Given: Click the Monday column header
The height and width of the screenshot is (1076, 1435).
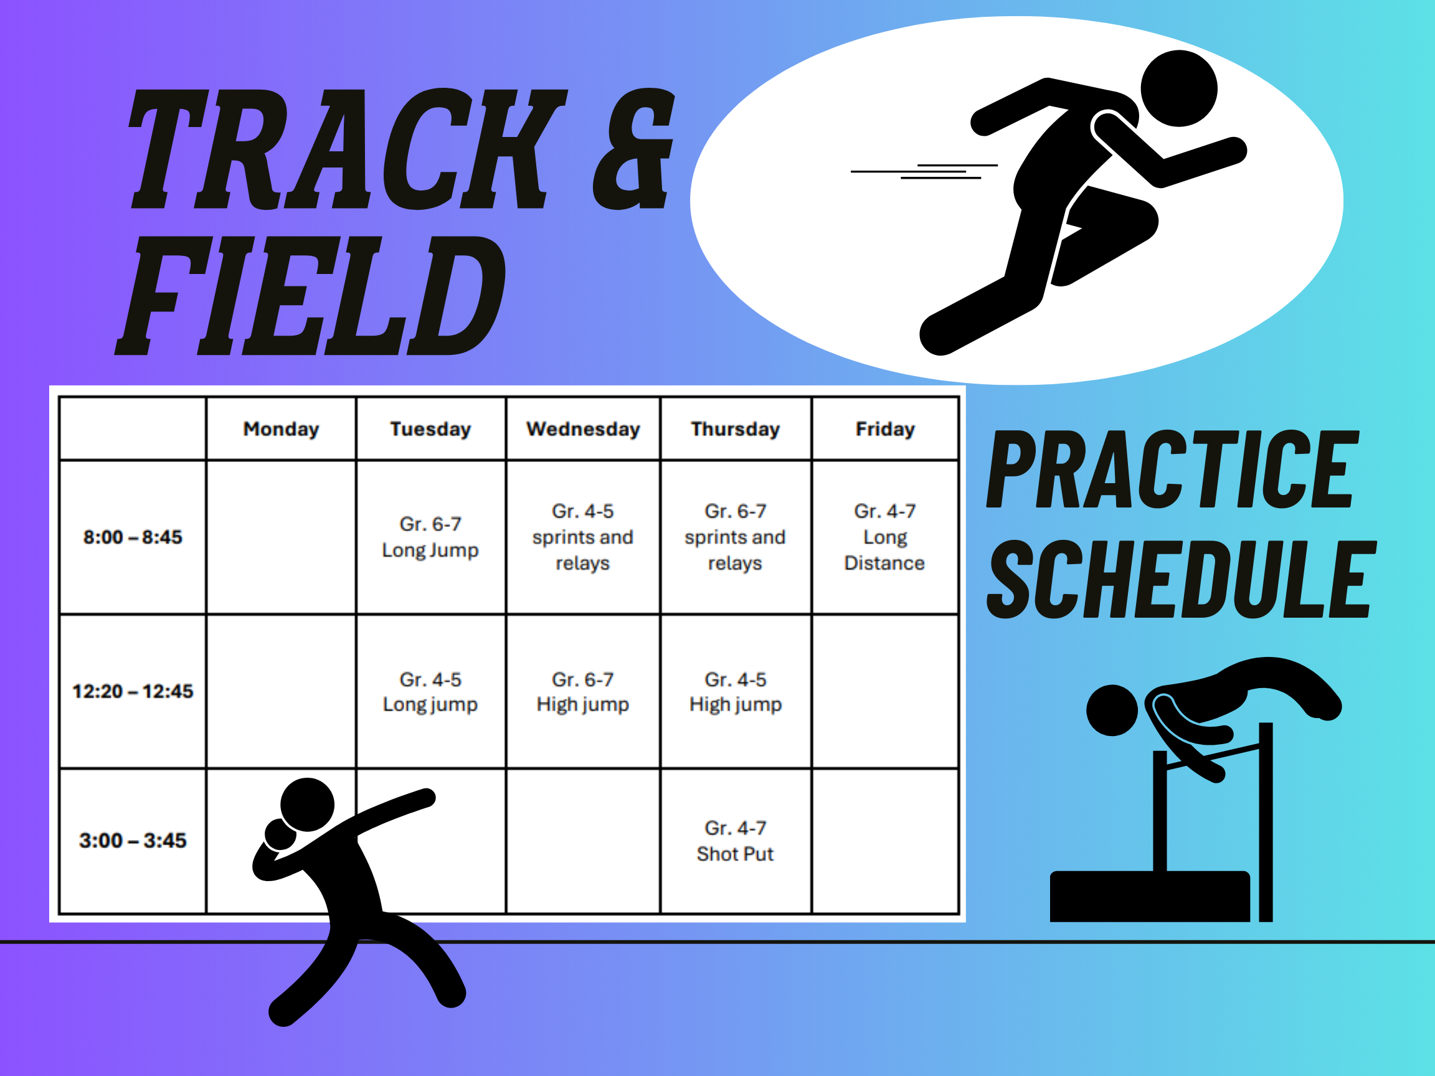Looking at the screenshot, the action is coord(281,428).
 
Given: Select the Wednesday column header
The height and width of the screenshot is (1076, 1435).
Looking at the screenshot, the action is coord(583,428).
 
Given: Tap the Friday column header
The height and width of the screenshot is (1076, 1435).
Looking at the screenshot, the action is coord(885,428).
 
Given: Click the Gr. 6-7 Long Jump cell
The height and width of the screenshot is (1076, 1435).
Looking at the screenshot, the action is coord(430,537).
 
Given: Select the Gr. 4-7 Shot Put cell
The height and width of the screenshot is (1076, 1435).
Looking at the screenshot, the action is coord(735,841).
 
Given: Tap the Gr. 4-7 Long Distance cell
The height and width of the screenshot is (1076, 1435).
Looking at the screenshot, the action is coord(885,537).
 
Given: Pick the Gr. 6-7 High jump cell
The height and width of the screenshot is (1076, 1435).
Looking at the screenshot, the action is coord(582,692).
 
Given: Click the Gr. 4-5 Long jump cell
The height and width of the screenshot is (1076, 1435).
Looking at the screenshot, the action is coord(430,692).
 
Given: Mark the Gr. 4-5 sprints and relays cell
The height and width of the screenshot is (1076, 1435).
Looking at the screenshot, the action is coord(582,537).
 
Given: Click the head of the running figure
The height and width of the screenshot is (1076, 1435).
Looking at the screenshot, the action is coord(1179,89).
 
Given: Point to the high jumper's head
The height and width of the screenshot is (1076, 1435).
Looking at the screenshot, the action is coord(1112,710).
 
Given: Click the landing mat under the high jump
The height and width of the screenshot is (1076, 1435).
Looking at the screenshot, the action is coord(1150,895).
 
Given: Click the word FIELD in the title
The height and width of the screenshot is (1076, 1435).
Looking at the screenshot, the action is coord(310,295).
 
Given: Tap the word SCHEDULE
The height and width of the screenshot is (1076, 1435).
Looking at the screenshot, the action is coord(1182,579).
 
